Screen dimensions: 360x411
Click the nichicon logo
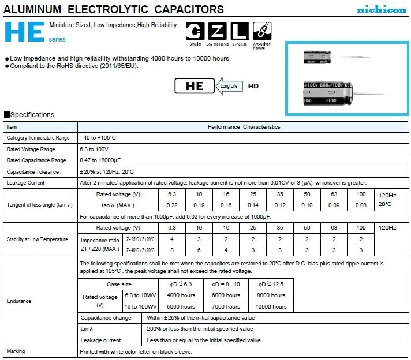(381, 10)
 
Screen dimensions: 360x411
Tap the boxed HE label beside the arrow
(195, 86)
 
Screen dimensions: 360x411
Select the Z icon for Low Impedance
(218, 31)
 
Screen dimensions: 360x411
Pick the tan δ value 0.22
(171, 205)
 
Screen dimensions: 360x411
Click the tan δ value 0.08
(361, 205)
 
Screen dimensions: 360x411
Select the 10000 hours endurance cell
(271, 306)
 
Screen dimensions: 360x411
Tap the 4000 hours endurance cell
(181, 295)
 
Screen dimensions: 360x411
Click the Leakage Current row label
(25, 183)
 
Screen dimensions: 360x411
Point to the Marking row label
(16, 351)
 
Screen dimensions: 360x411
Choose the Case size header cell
(119, 284)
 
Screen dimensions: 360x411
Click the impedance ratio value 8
(171, 250)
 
